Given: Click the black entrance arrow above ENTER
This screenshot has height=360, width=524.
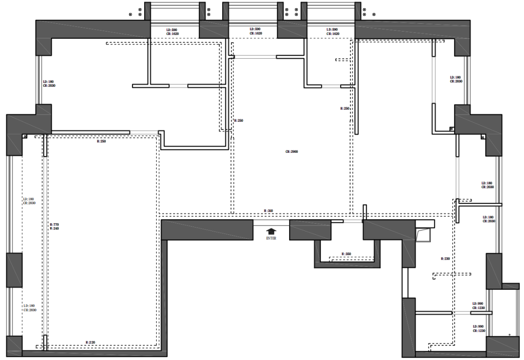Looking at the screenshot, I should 271,232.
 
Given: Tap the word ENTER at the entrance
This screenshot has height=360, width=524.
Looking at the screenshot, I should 271,239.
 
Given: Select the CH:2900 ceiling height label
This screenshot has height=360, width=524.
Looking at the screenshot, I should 292,152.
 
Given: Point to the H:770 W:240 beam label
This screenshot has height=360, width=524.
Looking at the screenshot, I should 54,227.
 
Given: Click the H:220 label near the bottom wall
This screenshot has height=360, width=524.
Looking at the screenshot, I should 91,343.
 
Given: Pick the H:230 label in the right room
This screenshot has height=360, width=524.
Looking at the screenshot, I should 445,259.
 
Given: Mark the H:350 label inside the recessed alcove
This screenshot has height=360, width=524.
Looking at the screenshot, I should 346,254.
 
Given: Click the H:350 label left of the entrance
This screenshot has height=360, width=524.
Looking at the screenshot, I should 268,211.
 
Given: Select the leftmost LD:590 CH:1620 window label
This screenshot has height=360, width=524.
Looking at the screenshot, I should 172,32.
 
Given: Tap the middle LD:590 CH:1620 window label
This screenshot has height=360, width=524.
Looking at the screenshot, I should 255,32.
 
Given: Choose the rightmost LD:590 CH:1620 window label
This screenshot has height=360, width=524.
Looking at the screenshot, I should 332,32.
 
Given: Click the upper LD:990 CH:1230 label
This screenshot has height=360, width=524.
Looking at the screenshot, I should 478,306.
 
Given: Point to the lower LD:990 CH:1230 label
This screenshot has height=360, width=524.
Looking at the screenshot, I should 478,328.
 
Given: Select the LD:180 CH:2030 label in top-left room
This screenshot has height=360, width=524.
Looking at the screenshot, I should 49,83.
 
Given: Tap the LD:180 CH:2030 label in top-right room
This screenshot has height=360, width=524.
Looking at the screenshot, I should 456,79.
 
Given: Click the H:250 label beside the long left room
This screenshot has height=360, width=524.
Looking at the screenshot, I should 101,142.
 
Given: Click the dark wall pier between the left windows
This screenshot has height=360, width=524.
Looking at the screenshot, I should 14,270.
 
